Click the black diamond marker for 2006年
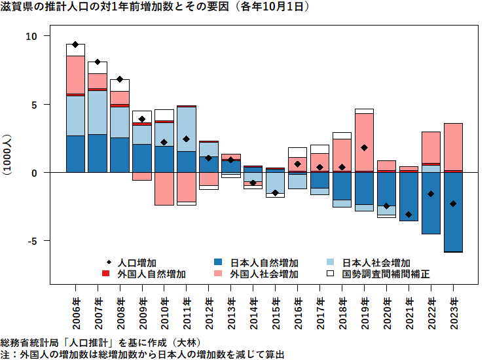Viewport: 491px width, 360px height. click(75, 45)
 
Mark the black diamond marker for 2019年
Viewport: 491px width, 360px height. click(365, 148)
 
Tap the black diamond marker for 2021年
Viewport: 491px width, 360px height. click(409, 215)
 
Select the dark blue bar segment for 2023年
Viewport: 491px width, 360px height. click(453, 211)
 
